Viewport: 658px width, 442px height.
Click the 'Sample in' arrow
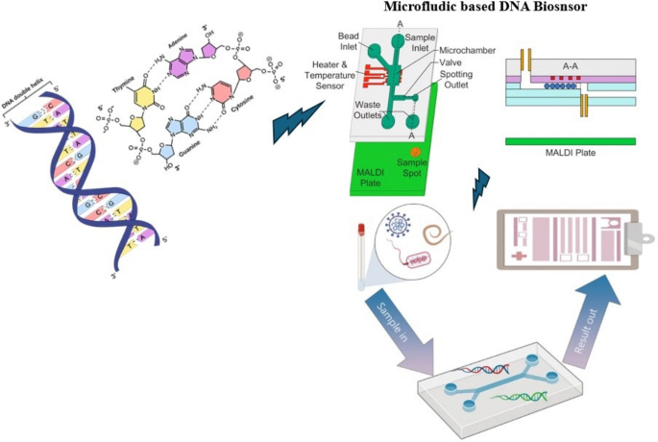[x=396, y=324]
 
